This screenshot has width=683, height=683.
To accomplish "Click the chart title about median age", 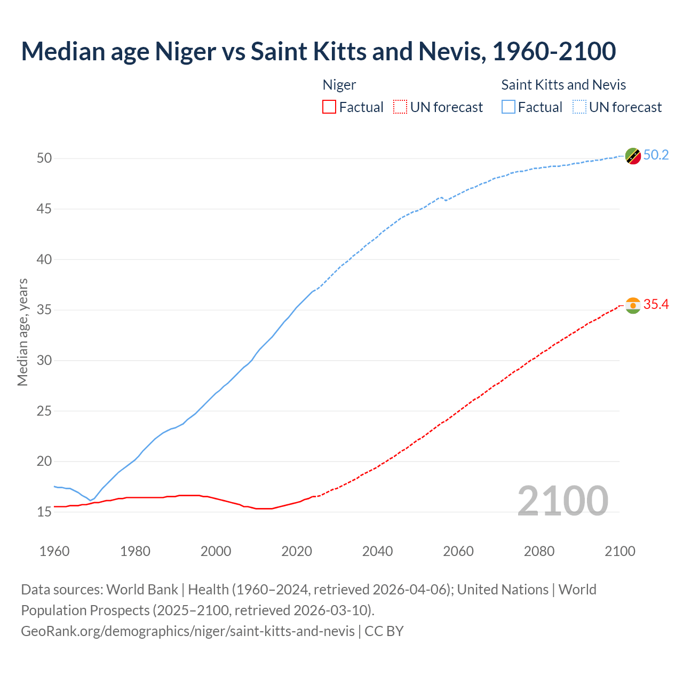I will pyautogui.click(x=319, y=51).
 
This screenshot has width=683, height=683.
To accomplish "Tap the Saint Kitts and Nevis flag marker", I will pyautogui.click(x=633, y=156).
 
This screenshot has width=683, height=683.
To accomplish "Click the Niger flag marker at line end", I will pyautogui.click(x=633, y=305).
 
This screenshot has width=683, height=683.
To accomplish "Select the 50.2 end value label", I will pyautogui.click(x=656, y=155).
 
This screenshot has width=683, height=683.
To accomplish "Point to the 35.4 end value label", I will pyautogui.click(x=656, y=305).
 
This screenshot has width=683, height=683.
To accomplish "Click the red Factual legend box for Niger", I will pyautogui.click(x=329, y=107).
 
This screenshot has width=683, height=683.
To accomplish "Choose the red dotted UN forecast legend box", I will pyautogui.click(x=400, y=107).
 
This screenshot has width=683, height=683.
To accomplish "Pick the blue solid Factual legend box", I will pyautogui.click(x=508, y=107).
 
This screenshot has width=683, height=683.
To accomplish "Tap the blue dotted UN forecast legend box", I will pyautogui.click(x=579, y=107).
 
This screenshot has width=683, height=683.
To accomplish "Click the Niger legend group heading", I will pyautogui.click(x=339, y=85).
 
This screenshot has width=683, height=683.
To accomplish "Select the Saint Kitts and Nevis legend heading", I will pyautogui.click(x=563, y=85).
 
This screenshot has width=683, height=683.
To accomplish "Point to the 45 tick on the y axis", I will pyautogui.click(x=44, y=209).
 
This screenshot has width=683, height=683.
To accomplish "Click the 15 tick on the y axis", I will pyautogui.click(x=44, y=512).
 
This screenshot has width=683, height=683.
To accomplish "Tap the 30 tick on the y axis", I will pyautogui.click(x=44, y=361).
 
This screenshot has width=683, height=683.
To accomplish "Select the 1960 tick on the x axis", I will pyautogui.click(x=54, y=551).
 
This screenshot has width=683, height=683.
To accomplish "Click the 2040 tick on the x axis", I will pyautogui.click(x=377, y=551).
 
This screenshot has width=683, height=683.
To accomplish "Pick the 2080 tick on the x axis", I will pyautogui.click(x=539, y=551).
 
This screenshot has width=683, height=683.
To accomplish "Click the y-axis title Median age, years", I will pyautogui.click(x=22, y=332).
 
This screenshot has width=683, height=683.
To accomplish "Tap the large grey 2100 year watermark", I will pyautogui.click(x=562, y=501).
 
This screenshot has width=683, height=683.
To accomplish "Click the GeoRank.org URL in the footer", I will pyautogui.click(x=188, y=631).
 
